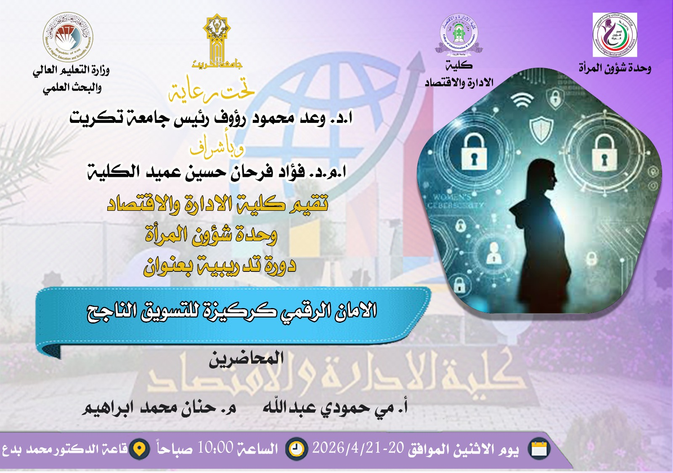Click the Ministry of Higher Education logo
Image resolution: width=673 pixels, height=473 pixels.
tap(68, 37)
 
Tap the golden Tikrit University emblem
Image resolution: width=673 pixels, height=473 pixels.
tap(217, 40)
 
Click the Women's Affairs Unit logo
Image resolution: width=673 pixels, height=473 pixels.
tap(615, 35)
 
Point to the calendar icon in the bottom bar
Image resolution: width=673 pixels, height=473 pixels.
tap(539, 449)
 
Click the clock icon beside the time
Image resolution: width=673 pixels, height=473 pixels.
tap(297, 449)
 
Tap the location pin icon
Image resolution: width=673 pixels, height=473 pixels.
tap(139, 449)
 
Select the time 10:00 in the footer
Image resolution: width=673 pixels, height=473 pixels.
tap(215, 448)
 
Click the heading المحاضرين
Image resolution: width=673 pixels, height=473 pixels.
tap(246, 359)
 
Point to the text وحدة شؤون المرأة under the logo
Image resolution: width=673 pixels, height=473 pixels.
tap(615, 68)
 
